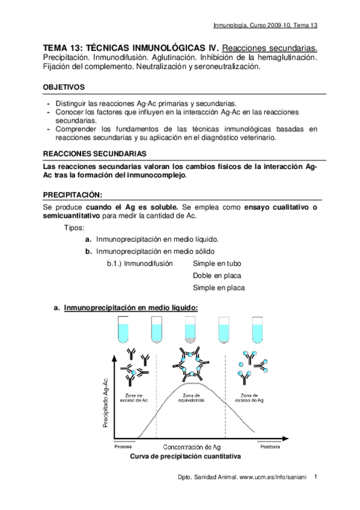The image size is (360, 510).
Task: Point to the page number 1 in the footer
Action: [x=316, y=475]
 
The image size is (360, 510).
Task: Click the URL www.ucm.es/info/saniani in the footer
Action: [x=273, y=476]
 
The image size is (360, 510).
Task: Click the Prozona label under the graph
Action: [x=123, y=447]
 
